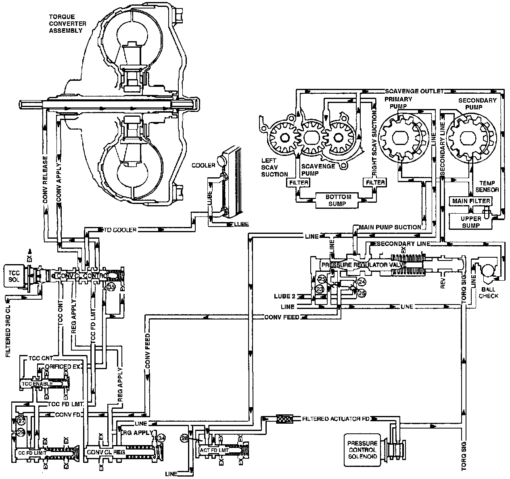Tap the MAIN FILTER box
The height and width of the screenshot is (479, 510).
(x=471, y=201)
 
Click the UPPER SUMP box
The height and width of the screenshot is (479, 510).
(x=471, y=222)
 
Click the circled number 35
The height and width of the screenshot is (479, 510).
(x=111, y=287)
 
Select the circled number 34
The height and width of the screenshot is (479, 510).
(x=161, y=438)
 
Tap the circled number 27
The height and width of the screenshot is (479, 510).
(x=21, y=421)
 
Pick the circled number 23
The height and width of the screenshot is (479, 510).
(x=320, y=289)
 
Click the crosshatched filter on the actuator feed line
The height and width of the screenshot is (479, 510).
(x=284, y=419)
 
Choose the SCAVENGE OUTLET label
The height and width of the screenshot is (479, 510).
(x=414, y=91)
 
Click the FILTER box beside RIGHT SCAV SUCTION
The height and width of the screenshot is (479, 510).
(x=375, y=183)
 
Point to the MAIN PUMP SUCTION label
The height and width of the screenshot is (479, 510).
(x=389, y=227)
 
